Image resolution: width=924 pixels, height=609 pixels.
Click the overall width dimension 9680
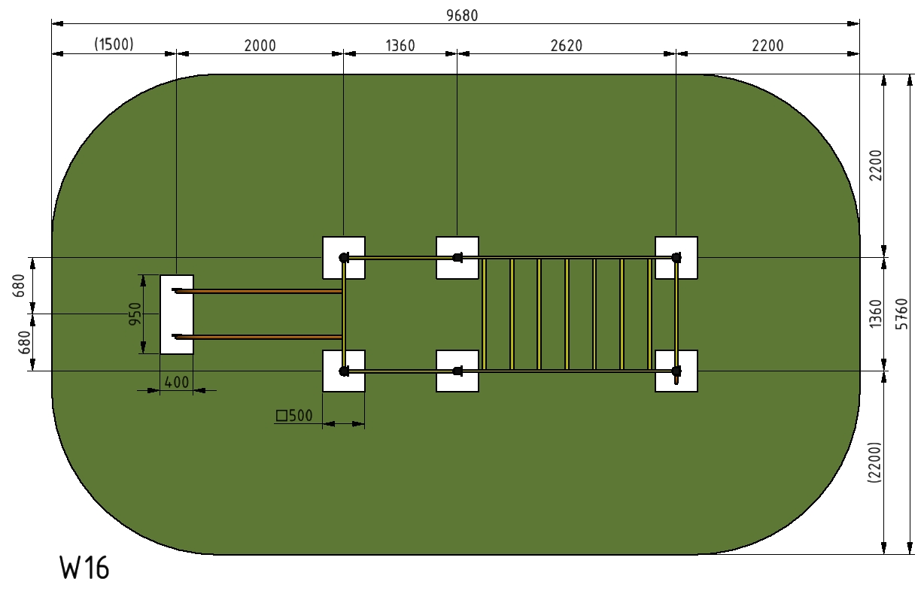(462, 16)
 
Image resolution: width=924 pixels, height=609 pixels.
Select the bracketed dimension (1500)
(114, 44)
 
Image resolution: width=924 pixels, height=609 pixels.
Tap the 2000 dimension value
(260, 45)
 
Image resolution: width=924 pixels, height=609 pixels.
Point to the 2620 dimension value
(567, 45)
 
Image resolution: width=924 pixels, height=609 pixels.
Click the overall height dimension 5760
(901, 314)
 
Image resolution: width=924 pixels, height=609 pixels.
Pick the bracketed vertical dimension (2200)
(874, 462)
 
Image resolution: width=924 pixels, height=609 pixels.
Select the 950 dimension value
(135, 314)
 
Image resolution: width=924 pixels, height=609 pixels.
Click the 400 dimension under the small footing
(177, 383)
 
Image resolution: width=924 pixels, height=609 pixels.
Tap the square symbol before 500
(281, 416)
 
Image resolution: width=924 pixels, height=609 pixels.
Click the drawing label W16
(84, 568)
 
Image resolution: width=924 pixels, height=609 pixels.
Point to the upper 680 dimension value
(19, 286)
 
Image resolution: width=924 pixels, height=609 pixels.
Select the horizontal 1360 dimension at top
(400, 45)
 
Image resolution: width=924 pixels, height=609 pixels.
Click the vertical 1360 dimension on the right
(875, 314)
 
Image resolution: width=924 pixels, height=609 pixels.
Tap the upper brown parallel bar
(257, 291)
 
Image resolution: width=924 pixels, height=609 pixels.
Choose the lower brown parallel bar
(257, 337)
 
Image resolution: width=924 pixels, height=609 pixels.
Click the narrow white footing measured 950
(177, 314)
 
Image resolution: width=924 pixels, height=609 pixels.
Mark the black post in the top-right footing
(676, 258)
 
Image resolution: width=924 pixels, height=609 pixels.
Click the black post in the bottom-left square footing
(344, 371)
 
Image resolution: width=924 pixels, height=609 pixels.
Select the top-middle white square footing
(457, 258)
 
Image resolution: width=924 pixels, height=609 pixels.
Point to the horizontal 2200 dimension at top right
(767, 45)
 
